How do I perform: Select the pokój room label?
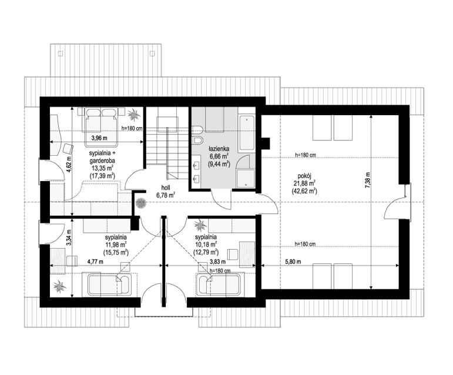tap(304, 175)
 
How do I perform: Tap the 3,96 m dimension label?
tap(100, 139)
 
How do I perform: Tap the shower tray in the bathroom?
tap(245, 178)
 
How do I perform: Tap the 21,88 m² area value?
tap(304, 183)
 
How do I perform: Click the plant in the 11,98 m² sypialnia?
tap(59, 287)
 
